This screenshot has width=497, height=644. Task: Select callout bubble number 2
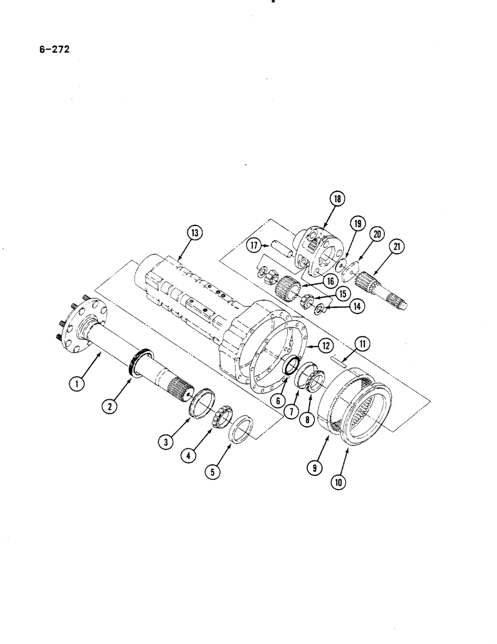point(114,406)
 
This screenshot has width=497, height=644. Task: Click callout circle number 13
point(191,232)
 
